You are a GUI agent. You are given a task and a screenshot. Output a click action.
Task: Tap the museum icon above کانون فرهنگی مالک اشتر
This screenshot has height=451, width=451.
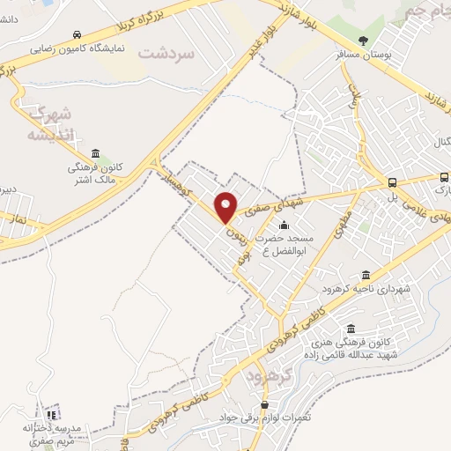pyautogui.click(x=94, y=153)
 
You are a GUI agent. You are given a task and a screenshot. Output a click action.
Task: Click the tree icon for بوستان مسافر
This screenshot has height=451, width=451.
pyautogui.click(x=364, y=41)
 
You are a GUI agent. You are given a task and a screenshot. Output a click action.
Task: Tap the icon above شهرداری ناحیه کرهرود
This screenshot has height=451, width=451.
pyautogui.click(x=366, y=275)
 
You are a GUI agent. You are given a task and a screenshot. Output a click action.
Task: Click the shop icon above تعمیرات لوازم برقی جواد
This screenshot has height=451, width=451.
pyautogui.click(x=263, y=404)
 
